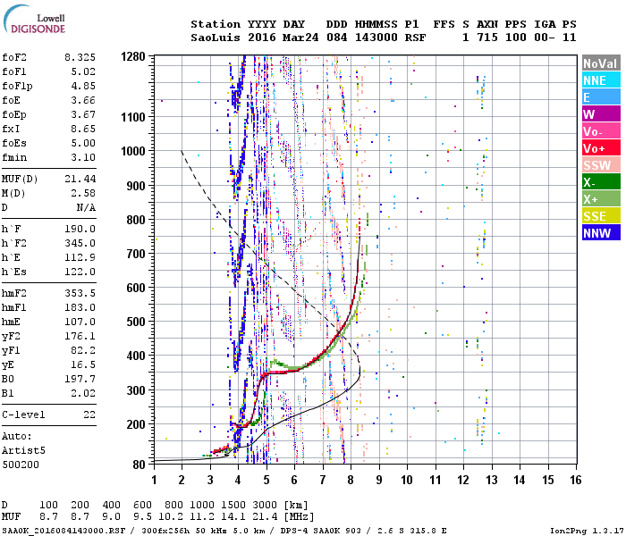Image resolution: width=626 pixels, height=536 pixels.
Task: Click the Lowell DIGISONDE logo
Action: point(35,22)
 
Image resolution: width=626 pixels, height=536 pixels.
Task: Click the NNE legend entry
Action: point(595,80)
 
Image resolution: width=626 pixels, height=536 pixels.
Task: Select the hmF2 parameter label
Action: point(15,292)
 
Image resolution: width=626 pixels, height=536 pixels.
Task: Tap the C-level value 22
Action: point(89,415)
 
